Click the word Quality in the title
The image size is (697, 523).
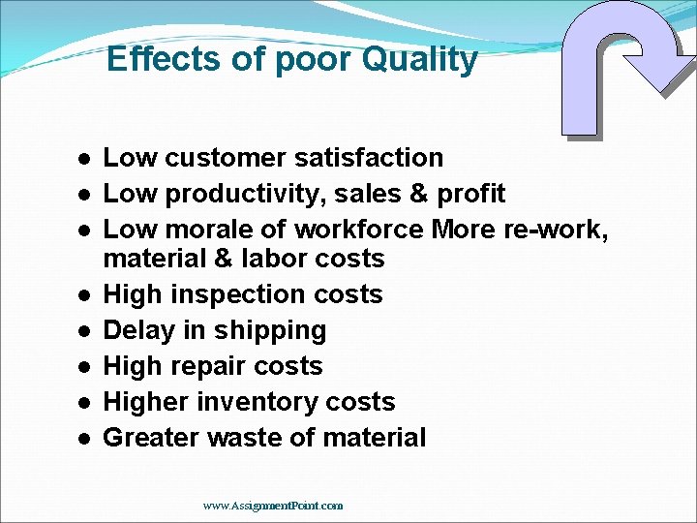420,60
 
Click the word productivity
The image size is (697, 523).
246,194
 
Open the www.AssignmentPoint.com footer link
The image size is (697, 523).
273,505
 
